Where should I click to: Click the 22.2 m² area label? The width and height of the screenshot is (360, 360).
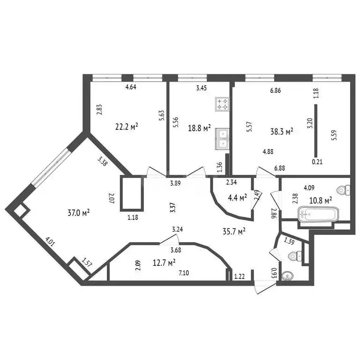pos(127,127)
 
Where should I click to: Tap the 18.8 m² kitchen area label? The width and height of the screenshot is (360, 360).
pos(199,128)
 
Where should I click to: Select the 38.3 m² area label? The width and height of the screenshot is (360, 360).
pos(282,132)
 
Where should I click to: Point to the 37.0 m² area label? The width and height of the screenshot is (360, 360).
pos(79,213)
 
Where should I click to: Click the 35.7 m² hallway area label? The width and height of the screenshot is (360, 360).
pos(234,231)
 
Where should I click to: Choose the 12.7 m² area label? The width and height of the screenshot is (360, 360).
pos(164,262)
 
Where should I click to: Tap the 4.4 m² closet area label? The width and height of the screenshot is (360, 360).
pos(237,198)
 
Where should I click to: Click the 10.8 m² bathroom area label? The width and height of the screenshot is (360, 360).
pos(321,201)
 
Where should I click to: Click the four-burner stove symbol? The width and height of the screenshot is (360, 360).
pos(222,104)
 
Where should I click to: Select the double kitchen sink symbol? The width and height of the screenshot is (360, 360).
pos(222,139)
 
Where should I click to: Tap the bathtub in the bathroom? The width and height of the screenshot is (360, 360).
pos(318,214)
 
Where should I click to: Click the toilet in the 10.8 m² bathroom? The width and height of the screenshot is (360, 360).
pos(343,190)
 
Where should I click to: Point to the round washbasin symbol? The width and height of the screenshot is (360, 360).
pos(287,276)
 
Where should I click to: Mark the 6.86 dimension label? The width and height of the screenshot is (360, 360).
pos(276,90)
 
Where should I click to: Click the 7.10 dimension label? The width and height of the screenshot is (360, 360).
pos(184,273)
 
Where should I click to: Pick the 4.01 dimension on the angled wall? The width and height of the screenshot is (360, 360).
pos(50,242)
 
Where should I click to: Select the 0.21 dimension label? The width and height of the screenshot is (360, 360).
pos(317,162)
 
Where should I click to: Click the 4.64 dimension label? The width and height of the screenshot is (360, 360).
pos(131,87)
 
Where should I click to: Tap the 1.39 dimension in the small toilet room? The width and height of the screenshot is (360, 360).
pos(289,241)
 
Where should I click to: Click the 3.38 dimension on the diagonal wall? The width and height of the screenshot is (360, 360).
pos(102,161)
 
